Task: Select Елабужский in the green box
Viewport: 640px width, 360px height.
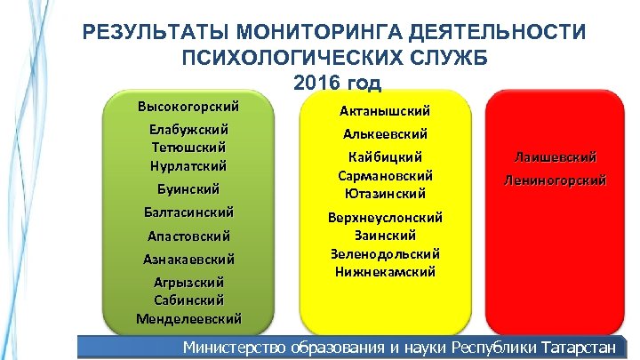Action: pyautogui.click(x=188, y=130)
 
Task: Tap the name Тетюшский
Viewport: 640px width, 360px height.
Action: pyautogui.click(x=188, y=148)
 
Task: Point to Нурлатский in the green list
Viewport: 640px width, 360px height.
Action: pyautogui.click(x=188, y=165)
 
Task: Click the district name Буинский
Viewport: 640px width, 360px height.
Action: pyautogui.click(x=188, y=188)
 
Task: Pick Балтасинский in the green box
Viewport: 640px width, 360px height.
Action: pyautogui.click(x=188, y=212)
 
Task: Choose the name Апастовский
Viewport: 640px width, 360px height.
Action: pyautogui.click(x=188, y=236)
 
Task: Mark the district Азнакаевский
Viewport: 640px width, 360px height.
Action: pyautogui.click(x=188, y=260)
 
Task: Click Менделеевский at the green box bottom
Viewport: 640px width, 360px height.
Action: pyautogui.click(x=188, y=318)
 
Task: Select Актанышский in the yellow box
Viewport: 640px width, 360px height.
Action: pyautogui.click(x=385, y=111)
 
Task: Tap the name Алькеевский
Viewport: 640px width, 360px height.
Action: pyautogui.click(x=385, y=134)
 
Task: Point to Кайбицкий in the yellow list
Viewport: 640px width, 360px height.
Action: pyautogui.click(x=385, y=157)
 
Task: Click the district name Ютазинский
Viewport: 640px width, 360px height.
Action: pyautogui.click(x=385, y=193)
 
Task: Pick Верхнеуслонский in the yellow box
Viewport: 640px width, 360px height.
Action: pyautogui.click(x=385, y=217)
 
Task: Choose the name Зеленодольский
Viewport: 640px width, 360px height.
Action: pyautogui.click(x=385, y=253)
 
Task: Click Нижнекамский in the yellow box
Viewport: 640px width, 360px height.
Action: pyautogui.click(x=385, y=271)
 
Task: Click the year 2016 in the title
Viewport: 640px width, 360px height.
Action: pyautogui.click(x=316, y=84)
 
